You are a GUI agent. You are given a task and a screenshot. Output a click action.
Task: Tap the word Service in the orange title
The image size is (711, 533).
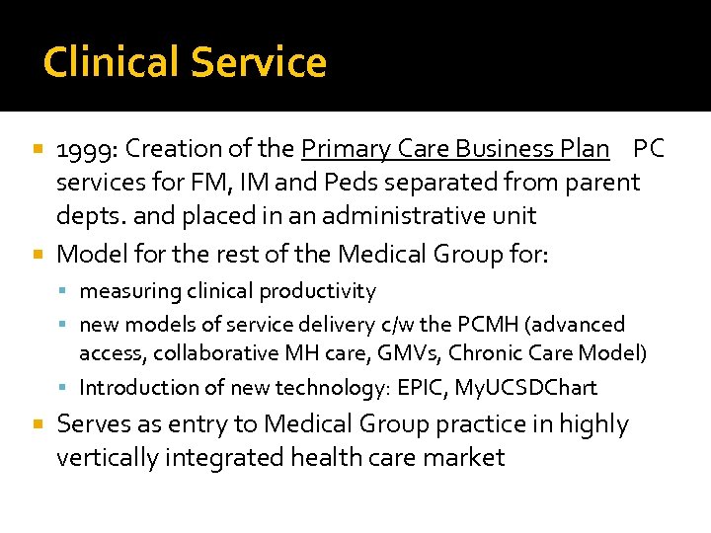pos(259,62)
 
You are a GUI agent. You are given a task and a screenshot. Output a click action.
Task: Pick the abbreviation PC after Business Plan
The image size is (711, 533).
pos(649,149)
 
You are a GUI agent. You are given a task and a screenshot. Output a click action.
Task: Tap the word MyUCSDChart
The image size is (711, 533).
pos(525,388)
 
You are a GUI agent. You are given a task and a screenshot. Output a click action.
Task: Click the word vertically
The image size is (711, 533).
pos(109,458)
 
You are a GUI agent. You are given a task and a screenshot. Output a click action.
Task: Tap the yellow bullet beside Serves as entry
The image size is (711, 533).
pos(39,424)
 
